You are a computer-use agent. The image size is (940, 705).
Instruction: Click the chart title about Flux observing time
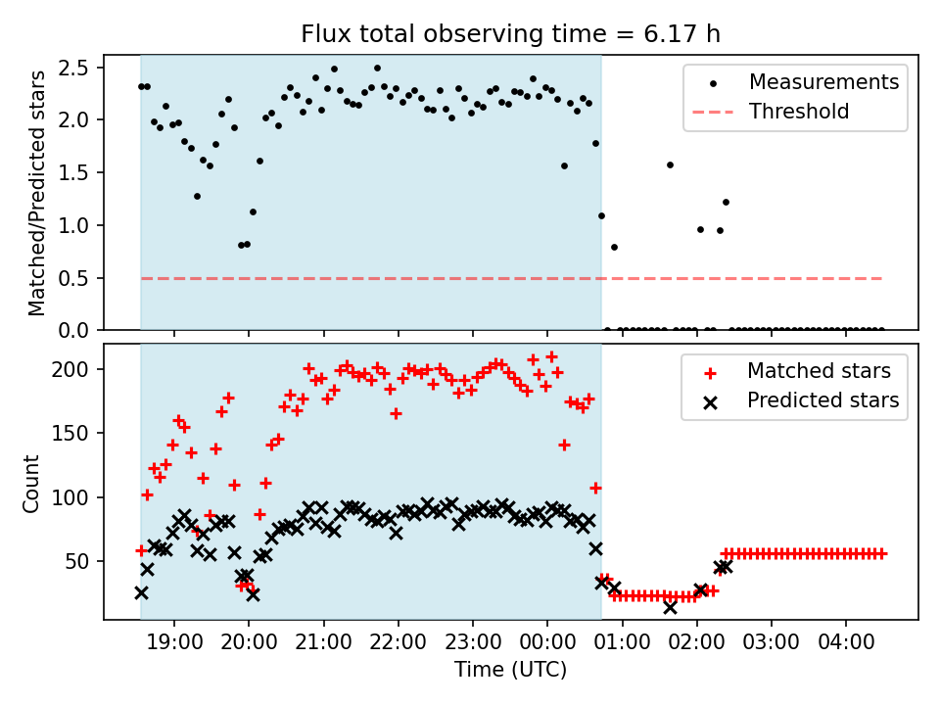click(x=510, y=35)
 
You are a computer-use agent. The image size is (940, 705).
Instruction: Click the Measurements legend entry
click(x=823, y=81)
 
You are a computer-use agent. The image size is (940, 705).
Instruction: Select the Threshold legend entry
click(x=799, y=112)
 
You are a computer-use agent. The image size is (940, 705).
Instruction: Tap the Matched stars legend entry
click(x=819, y=371)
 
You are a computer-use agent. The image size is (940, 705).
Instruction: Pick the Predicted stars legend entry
click(x=822, y=399)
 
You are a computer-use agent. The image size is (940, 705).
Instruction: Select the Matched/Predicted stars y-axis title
click(x=37, y=193)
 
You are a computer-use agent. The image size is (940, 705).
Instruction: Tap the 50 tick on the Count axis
click(x=79, y=561)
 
